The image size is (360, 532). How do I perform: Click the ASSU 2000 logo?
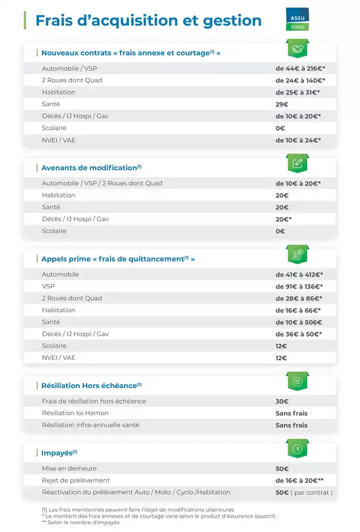click(298, 21)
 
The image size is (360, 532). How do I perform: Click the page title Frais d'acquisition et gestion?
click(148, 21)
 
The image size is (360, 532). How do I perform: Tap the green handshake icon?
click(297, 49)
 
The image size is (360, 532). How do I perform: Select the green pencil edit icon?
click(297, 163)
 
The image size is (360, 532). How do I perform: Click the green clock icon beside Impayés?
click(297, 448)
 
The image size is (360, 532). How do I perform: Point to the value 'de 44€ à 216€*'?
click(300, 68)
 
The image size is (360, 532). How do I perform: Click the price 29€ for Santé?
click(282, 104)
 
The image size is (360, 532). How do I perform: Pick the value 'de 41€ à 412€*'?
click(299, 274)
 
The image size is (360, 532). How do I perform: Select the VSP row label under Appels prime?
click(49, 286)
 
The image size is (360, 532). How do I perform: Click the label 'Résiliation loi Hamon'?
click(75, 413)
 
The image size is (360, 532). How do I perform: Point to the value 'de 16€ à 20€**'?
click(299, 481)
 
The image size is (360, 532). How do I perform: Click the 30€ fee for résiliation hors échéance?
click(282, 402)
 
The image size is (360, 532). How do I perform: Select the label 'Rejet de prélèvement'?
click(76, 481)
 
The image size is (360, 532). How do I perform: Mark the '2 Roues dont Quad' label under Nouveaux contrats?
click(72, 80)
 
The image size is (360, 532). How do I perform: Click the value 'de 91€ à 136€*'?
click(299, 286)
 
